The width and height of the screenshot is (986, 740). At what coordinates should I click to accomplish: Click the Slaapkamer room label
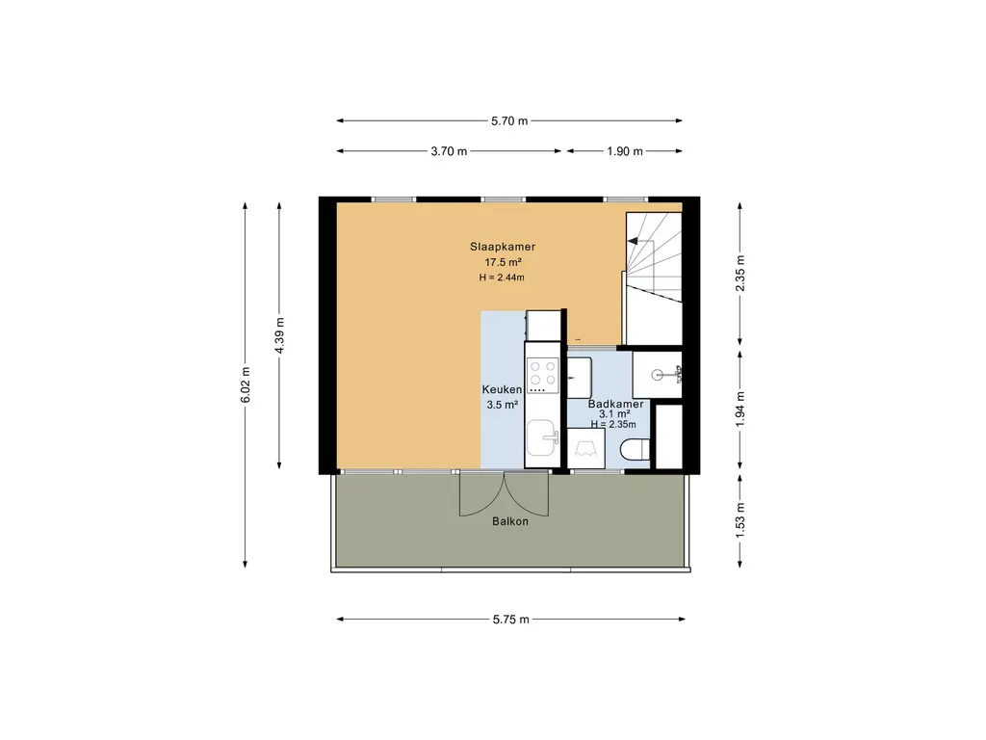[503, 247]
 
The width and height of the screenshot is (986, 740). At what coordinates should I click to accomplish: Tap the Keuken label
[502, 389]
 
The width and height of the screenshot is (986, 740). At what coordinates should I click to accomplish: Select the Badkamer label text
[615, 404]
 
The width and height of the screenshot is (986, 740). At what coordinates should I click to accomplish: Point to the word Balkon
[510, 521]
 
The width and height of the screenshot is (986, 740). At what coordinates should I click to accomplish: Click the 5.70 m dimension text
[509, 120]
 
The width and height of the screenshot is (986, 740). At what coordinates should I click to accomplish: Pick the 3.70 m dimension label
[449, 151]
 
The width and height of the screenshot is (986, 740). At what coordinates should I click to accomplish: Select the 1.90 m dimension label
[625, 151]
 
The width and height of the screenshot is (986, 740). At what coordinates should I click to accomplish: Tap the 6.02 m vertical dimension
[246, 384]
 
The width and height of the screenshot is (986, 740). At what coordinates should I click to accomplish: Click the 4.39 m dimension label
[280, 335]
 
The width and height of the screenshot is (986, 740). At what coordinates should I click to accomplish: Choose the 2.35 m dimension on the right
[740, 274]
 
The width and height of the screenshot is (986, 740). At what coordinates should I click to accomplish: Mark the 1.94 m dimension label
[740, 409]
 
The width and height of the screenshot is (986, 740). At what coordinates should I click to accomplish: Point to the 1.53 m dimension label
[740, 519]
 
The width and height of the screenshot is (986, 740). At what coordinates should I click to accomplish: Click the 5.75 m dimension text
[511, 620]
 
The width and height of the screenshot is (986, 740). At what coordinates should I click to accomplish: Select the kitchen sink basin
[542, 438]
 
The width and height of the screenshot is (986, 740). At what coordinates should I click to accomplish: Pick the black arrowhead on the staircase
[633, 241]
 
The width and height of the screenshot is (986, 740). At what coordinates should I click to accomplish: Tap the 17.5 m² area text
[503, 262]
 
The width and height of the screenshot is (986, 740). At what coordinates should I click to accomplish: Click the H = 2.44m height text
[502, 277]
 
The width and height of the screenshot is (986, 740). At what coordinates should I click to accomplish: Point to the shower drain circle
[657, 376]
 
